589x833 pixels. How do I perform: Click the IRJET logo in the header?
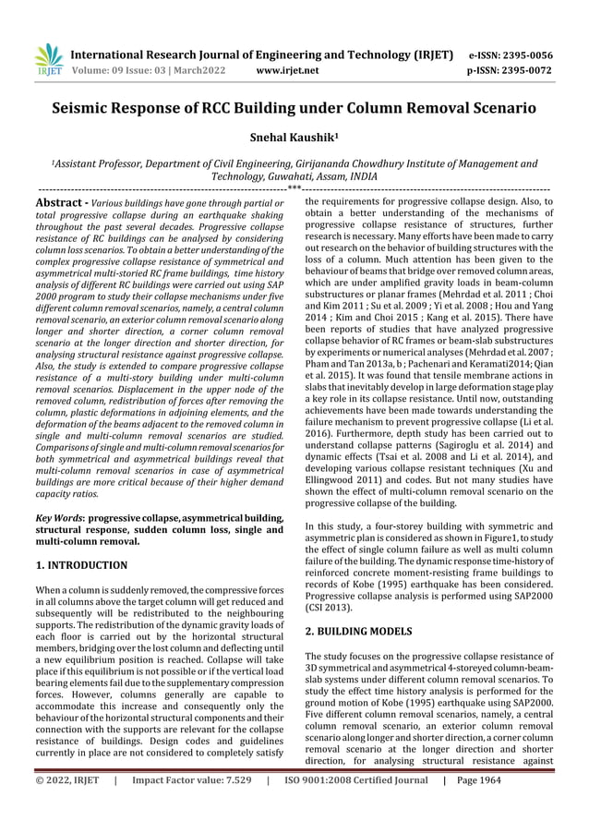click(x=46, y=59)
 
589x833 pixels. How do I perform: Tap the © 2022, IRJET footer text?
click(x=66, y=805)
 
